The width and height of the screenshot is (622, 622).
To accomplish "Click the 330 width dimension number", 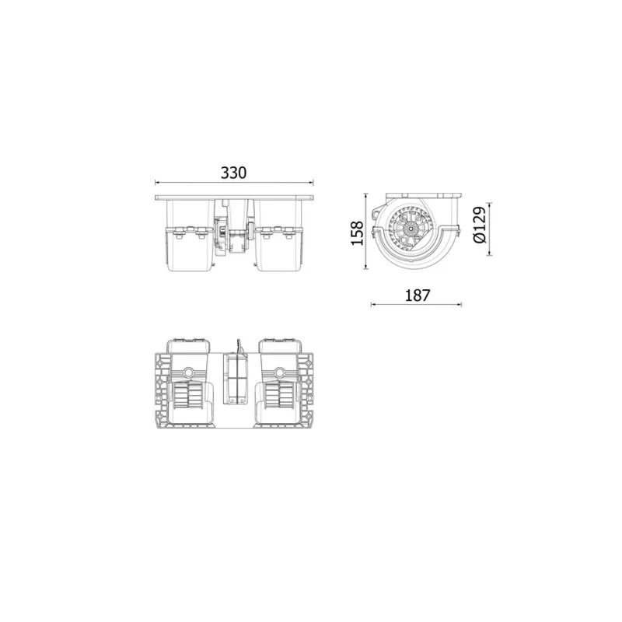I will coord(233,173).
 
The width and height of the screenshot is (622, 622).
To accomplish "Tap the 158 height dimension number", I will coord(357,233).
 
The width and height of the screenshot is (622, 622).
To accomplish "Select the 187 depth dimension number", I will coord(416,295).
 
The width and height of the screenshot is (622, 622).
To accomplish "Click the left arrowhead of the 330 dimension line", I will coord(158,183).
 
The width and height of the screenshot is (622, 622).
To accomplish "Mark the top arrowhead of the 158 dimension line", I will coord(367,194).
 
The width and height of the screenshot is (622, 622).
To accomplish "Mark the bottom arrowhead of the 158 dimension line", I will coord(367,271).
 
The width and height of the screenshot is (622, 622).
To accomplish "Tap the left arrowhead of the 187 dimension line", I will coord(373,304).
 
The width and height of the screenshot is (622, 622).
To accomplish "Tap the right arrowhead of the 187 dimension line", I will coord(460,304).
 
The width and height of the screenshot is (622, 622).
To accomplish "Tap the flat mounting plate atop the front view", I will coord(234,197).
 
